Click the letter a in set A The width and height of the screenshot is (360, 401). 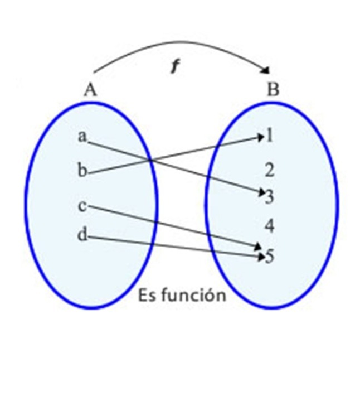point(82,137)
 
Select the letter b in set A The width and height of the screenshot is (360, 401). point(82,171)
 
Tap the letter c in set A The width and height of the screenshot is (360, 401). point(82,206)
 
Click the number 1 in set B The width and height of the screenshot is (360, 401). point(270,136)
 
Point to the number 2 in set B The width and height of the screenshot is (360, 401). point(270,170)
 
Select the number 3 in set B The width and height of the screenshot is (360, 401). point(270,197)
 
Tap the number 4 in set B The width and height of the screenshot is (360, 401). point(270,226)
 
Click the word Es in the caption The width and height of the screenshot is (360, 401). point(146,295)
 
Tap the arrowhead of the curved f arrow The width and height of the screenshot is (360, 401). point(266,71)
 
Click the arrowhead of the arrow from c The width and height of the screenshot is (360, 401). point(258,247)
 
